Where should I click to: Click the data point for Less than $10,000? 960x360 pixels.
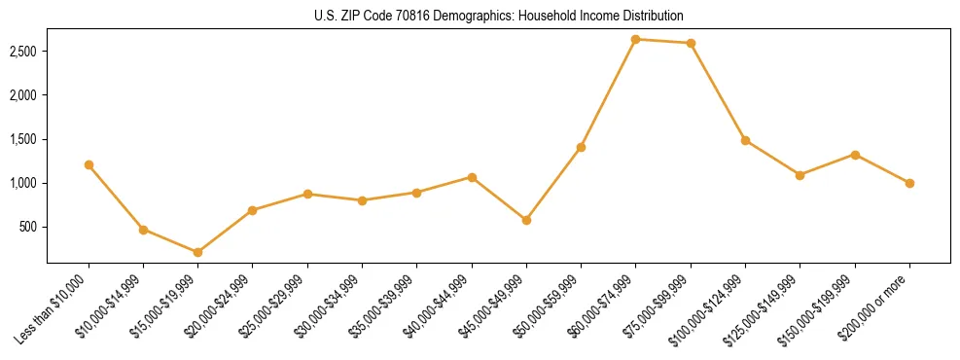tap(89, 164)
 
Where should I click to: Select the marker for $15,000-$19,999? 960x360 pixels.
tap(197, 252)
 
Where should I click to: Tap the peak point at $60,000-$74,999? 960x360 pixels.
tap(635, 39)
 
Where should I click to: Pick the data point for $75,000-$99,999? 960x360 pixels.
tap(691, 43)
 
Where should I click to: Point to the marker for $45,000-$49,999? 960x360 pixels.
tap(526, 220)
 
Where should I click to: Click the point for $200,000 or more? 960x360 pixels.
tap(909, 183)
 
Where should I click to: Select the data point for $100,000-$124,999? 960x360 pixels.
tap(745, 140)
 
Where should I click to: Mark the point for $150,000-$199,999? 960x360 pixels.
tap(855, 155)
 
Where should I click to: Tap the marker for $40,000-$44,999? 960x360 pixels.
tap(472, 177)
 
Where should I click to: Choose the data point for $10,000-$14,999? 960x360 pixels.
tap(143, 230)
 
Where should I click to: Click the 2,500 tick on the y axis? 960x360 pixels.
tap(23, 51)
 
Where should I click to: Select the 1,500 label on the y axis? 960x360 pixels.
tap(23, 139)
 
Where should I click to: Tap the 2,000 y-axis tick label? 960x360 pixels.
tap(23, 95)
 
